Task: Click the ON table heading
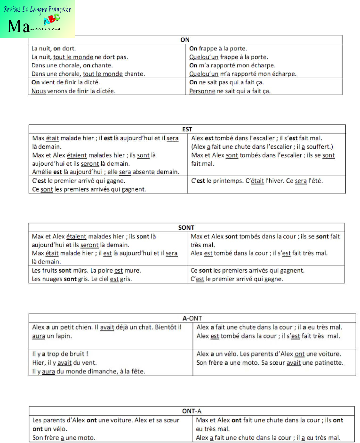[185, 40]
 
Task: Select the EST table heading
[187, 129]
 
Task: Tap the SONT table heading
[186, 227]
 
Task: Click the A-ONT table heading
[192, 318]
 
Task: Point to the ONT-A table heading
[192, 411]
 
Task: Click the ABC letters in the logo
[51, 19]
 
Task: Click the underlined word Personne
[202, 91]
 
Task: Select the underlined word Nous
[39, 91]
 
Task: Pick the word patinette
[329, 362]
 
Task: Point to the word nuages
[50, 279]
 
